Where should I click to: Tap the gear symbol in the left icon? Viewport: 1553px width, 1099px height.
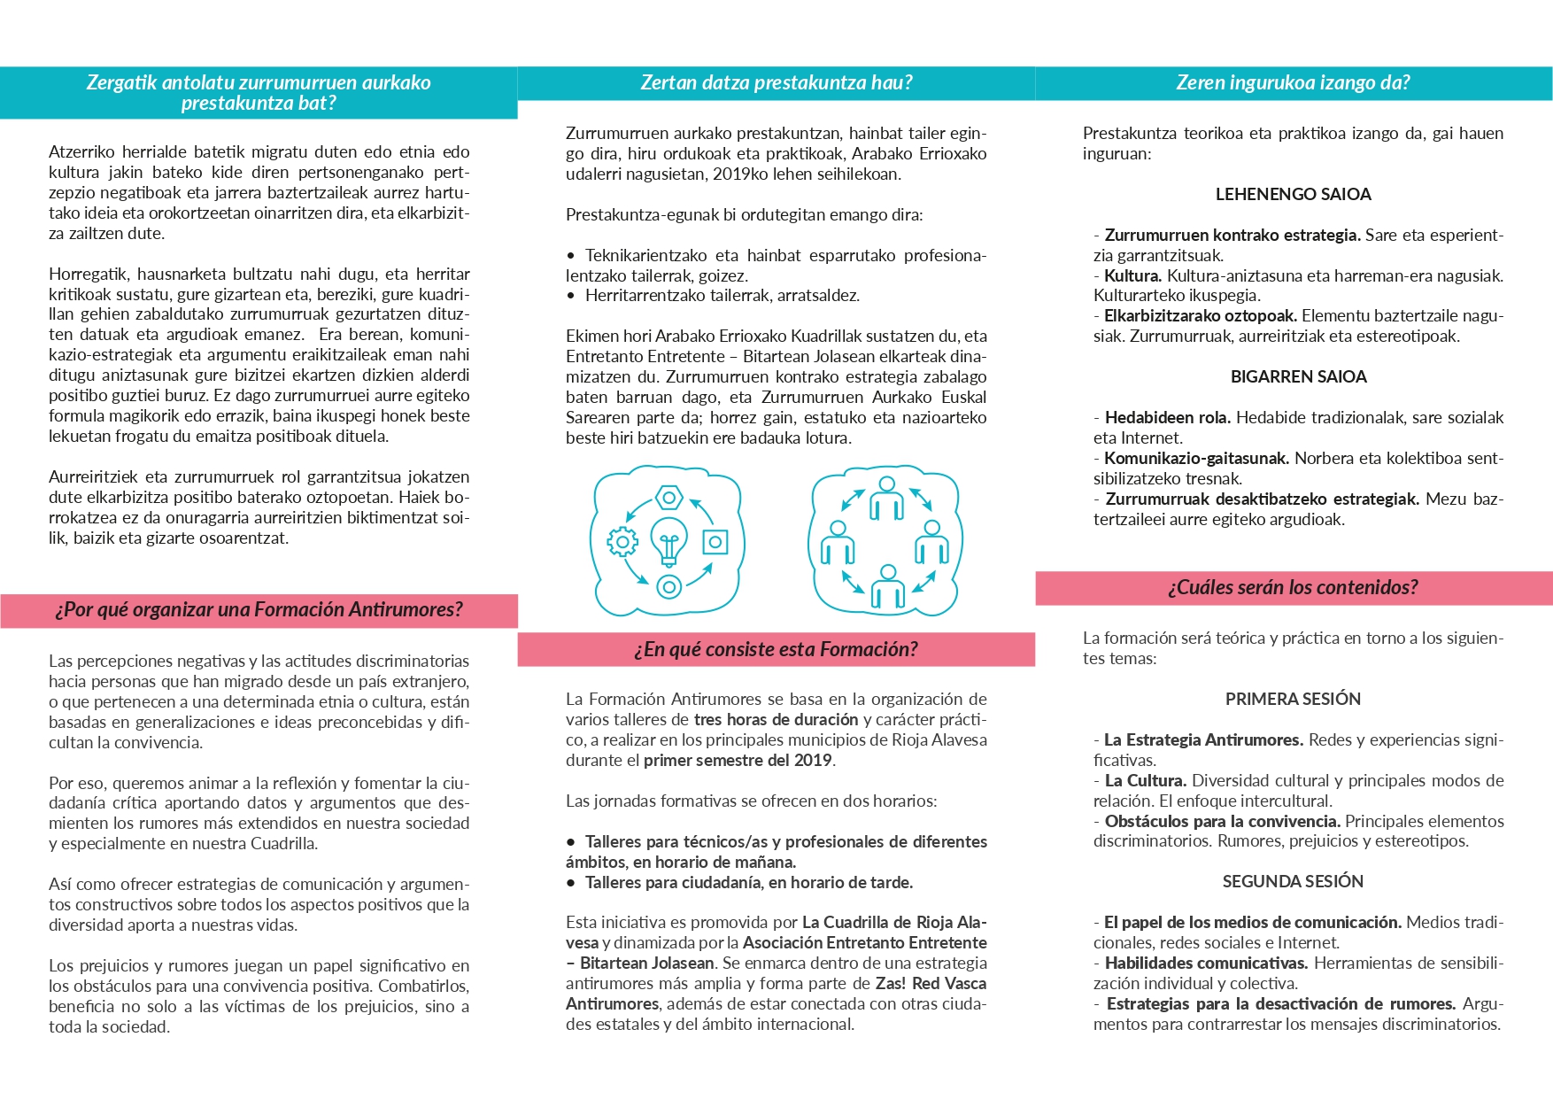pos(622,541)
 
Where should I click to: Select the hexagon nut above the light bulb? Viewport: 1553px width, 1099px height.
pos(669,497)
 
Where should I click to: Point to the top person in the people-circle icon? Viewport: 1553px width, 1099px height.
pos(886,499)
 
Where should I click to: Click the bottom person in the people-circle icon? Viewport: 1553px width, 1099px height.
pos(887,586)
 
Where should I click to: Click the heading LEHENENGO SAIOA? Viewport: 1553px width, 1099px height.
pos(1293,194)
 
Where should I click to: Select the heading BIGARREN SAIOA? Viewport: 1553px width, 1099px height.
pos(1298,376)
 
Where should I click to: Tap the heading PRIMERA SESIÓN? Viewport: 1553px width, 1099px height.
pos(1293,699)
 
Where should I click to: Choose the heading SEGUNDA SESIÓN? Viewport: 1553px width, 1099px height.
pos(1293,881)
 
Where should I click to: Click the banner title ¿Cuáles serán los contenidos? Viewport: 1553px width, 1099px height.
pos(1293,587)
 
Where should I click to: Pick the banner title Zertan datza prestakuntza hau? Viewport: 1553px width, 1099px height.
pos(776,82)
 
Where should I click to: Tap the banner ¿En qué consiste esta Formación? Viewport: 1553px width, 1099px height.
pos(776,649)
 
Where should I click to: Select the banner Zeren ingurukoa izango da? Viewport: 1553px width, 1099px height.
pos(1293,82)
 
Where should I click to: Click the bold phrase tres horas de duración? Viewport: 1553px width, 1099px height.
pos(776,719)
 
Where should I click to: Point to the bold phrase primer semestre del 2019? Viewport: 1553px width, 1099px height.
pos(738,760)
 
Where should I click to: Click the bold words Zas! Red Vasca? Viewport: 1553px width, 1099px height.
pos(931,983)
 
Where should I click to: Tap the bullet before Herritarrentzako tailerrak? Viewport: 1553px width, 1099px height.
pos(571,296)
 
